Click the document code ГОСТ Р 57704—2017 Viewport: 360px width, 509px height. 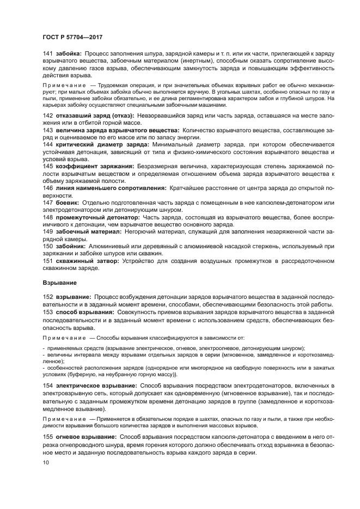72,36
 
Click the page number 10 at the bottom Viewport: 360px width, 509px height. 46,463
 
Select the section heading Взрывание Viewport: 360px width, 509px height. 60,283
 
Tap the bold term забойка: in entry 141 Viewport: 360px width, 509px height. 69,53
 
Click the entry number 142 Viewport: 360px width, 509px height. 47,116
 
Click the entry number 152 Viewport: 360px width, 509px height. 47,297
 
